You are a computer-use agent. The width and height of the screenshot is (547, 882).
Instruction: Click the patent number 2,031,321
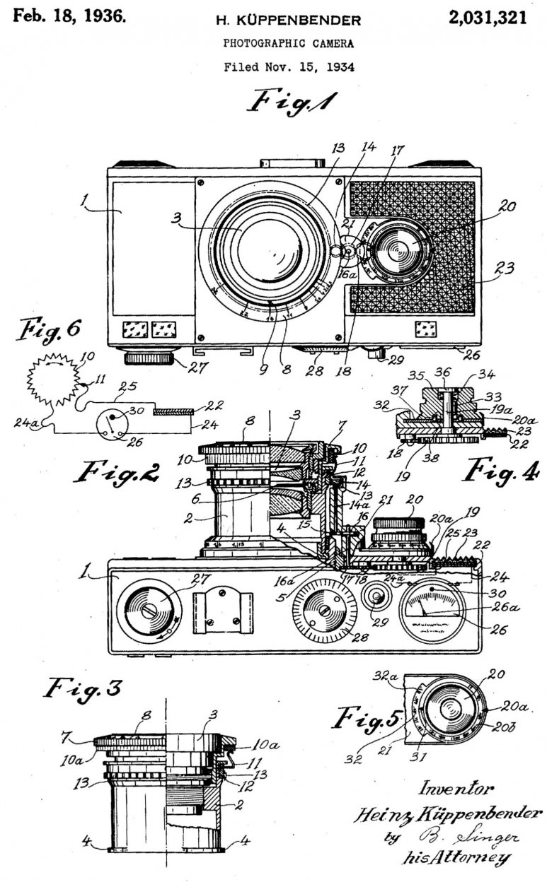pos(487,18)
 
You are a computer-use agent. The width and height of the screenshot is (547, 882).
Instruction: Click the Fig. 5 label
pos(367,720)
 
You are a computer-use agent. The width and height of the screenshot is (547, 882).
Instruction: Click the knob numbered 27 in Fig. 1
pos(151,359)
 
